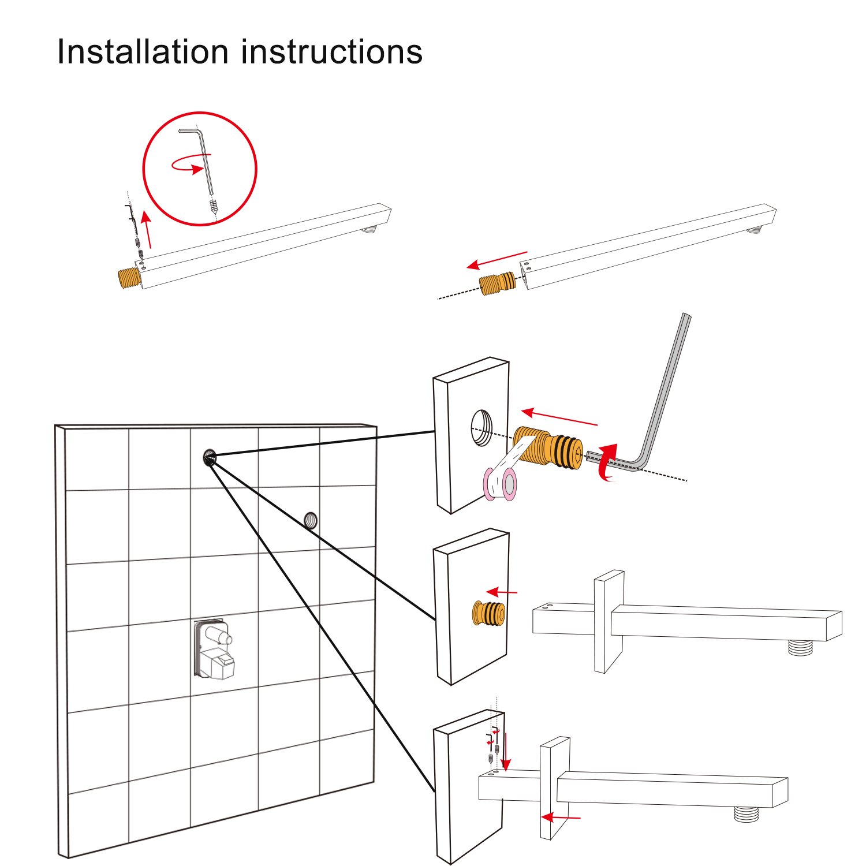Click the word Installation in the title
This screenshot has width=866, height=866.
[x=143, y=51]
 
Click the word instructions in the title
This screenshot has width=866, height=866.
[x=332, y=51]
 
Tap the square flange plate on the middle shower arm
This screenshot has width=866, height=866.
[x=609, y=621]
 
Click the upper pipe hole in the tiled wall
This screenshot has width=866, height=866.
[x=209, y=458]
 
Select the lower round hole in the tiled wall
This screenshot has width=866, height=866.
[x=311, y=520]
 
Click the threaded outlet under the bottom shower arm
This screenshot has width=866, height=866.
[x=748, y=814]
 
